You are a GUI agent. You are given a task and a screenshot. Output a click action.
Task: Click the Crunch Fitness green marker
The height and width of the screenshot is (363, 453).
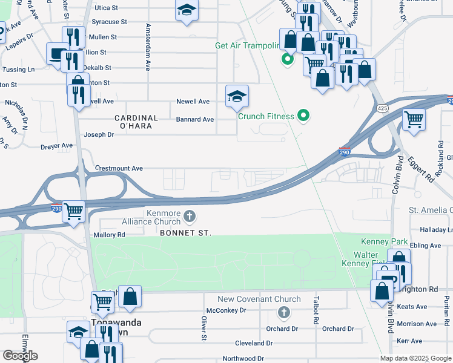click(305, 116)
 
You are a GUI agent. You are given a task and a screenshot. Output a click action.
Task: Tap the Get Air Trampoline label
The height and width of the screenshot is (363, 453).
click(248, 45)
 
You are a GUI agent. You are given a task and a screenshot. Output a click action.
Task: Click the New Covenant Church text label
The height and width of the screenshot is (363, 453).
click(259, 299)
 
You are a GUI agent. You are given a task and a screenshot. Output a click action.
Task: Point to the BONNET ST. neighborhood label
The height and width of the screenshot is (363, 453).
click(185, 233)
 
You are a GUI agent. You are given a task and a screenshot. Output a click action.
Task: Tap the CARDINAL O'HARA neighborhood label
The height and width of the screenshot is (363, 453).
click(136, 122)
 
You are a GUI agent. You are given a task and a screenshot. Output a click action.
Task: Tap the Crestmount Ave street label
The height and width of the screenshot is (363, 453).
click(119, 168)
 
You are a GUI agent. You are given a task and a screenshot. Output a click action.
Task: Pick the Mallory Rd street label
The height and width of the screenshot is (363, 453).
click(109, 235)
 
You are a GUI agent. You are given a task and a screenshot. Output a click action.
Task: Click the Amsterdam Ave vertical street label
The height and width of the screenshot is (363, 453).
click(147, 45)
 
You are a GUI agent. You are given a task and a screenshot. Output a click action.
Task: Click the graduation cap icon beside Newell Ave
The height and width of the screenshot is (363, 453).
click(237, 96)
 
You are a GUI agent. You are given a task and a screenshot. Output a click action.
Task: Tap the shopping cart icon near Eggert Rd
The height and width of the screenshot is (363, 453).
click(414, 119)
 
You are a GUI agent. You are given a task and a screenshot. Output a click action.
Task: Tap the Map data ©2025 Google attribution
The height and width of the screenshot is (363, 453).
click(415, 358)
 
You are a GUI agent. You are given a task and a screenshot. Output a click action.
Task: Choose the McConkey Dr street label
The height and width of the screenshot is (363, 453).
click(226, 310)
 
